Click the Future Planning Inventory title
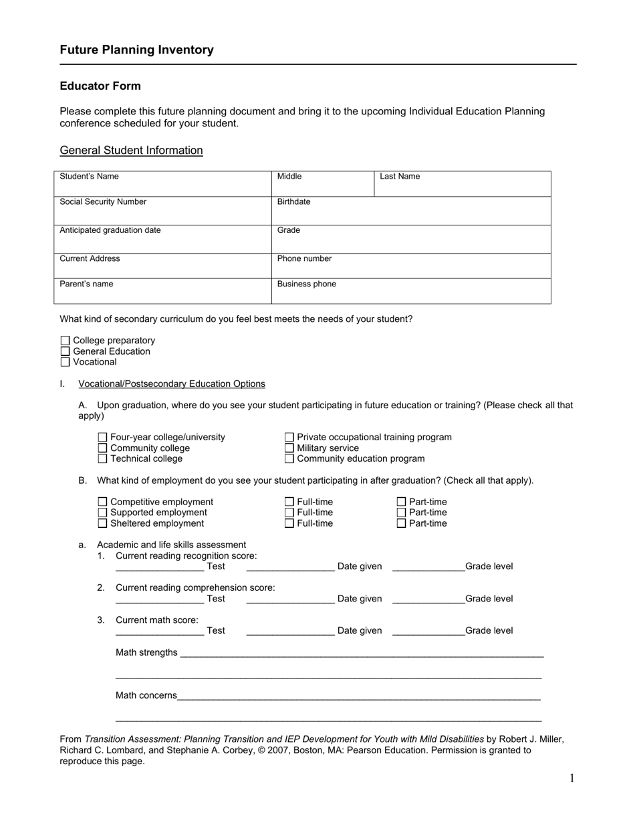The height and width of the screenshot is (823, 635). tap(136, 50)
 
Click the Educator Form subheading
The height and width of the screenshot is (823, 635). tap(100, 86)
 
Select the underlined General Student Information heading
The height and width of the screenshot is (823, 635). tap(131, 151)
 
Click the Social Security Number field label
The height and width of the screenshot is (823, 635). tap(103, 202)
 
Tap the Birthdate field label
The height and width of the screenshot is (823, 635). tap(293, 202)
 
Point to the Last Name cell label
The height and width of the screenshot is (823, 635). tap(400, 177)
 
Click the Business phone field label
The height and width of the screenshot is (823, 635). tap(306, 284)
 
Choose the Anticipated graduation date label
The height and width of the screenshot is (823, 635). tap(110, 230)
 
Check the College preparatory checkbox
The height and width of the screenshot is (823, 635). tap(65, 341)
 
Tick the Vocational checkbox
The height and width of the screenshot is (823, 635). tap(65, 362)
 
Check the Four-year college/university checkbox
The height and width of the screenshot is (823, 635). tap(102, 438)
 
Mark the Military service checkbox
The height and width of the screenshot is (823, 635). tap(289, 448)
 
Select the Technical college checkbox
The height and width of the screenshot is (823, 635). tap(102, 459)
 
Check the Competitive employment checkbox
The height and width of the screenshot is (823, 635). tap(102, 502)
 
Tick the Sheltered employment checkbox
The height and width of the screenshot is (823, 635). tap(102, 523)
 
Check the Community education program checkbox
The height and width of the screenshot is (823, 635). tap(289, 459)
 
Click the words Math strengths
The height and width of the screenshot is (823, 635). tap(146, 652)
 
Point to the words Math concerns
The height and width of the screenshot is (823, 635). tap(146, 695)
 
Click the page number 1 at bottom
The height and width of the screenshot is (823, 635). tap(571, 778)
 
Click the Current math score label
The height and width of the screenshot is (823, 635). tap(156, 620)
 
